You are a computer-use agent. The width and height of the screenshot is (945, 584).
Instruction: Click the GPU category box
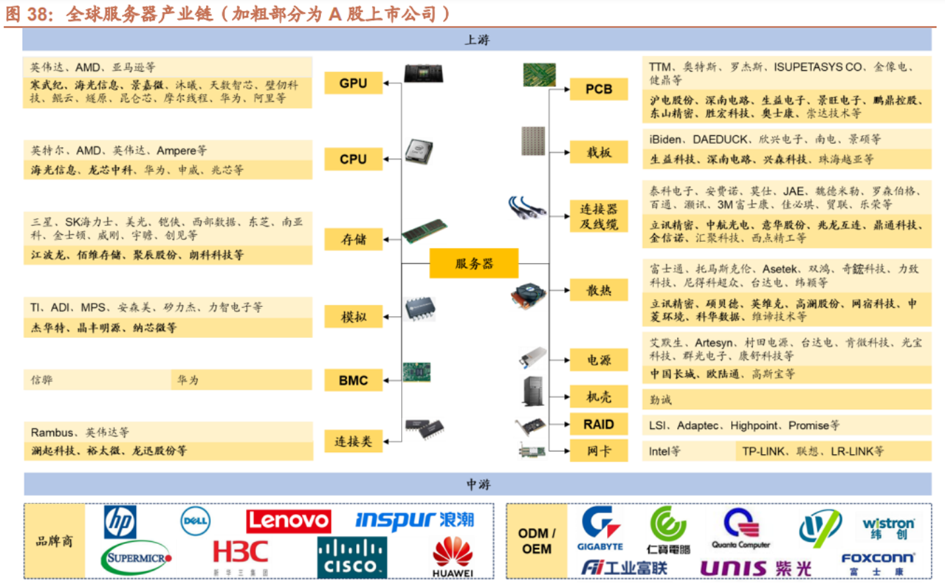click(354, 83)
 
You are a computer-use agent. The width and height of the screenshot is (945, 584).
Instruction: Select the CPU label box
click(354, 159)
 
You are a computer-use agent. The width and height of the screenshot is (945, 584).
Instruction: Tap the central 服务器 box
click(474, 263)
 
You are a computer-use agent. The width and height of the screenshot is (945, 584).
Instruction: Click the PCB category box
click(599, 89)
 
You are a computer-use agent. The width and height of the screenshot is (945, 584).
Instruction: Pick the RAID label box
click(599, 425)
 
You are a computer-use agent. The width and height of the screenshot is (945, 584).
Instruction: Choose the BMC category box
click(354, 380)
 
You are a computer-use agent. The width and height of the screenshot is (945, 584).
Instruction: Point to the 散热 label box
click(599, 290)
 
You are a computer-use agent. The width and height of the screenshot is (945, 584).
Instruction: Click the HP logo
click(120, 522)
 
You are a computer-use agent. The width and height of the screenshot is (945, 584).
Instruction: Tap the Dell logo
click(196, 521)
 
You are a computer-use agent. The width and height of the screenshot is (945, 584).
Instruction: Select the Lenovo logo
click(289, 521)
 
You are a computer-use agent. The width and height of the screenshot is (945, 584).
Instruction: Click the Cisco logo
click(352, 557)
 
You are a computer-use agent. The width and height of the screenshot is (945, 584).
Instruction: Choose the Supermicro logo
click(137, 559)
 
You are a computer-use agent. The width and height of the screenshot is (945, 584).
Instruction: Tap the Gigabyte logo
click(602, 528)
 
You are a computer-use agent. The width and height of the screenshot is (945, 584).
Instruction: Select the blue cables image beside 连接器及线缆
click(527, 209)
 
